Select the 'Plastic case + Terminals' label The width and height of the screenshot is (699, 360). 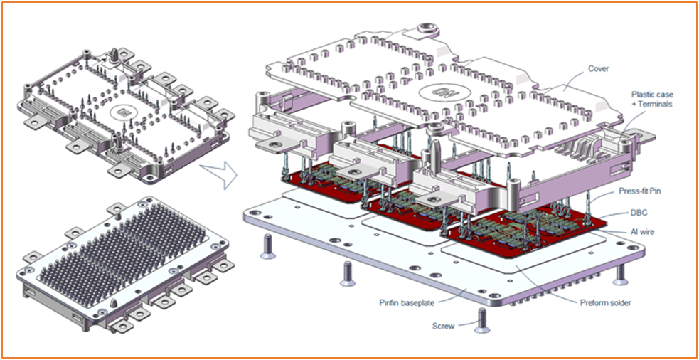coord(652,99)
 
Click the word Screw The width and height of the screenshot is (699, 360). coord(443,327)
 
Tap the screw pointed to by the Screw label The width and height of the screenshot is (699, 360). coord(482,322)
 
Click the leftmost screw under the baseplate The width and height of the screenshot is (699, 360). coord(267,246)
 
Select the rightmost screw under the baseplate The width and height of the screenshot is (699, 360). coord(621,272)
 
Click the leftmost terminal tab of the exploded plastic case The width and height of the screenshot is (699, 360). coord(271,144)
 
